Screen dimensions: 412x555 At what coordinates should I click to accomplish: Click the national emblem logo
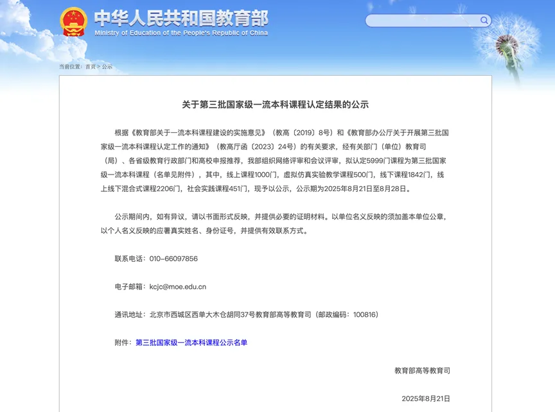pyautogui.click(x=73, y=22)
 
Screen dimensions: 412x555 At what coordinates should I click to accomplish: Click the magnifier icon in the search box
pyautogui.click(x=484, y=21)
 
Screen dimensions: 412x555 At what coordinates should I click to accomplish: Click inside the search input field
pyautogui.click(x=421, y=21)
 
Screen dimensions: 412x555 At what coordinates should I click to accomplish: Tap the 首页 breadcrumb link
pyautogui.click(x=90, y=67)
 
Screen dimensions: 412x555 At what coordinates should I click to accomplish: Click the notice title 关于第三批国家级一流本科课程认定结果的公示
pyautogui.click(x=275, y=105)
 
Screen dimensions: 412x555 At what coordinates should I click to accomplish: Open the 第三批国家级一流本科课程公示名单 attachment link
pyautogui.click(x=191, y=343)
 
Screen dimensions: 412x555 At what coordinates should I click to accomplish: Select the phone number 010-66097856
pyautogui.click(x=173, y=259)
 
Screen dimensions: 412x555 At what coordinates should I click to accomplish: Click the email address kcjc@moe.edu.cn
pyautogui.click(x=178, y=287)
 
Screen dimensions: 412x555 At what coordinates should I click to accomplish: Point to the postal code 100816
pyautogui.click(x=364, y=314)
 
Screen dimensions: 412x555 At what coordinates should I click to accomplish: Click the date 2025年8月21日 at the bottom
pyautogui.click(x=426, y=399)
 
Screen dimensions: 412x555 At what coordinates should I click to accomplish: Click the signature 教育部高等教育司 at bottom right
pyautogui.click(x=422, y=370)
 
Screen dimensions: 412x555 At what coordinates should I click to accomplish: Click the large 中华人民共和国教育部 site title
pyautogui.click(x=181, y=18)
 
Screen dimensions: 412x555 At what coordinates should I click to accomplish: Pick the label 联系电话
pyautogui.click(x=130, y=259)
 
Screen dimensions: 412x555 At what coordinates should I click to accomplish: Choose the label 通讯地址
pyautogui.click(x=130, y=314)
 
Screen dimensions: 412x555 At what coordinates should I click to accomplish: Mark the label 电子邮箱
pyautogui.click(x=130, y=287)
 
